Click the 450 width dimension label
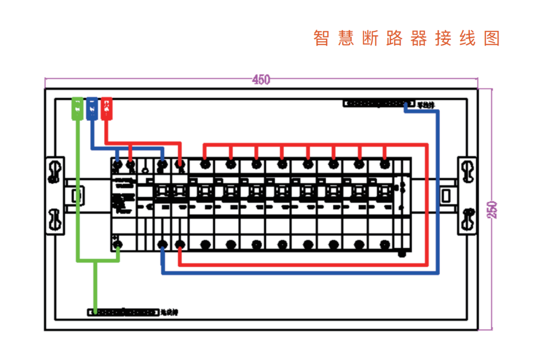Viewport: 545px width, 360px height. coord(261,80)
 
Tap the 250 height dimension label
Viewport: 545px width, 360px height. coord(492,210)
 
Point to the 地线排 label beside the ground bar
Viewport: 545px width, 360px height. coord(169,312)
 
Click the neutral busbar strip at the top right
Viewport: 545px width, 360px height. coord(378,103)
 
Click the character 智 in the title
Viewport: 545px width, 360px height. coord(321,38)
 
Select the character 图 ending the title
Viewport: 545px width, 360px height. coord(492,38)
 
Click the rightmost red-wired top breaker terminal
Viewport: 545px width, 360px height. coord(385,164)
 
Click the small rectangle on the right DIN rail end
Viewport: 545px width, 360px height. coord(446,196)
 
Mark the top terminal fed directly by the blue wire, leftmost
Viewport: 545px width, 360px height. coord(118,164)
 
